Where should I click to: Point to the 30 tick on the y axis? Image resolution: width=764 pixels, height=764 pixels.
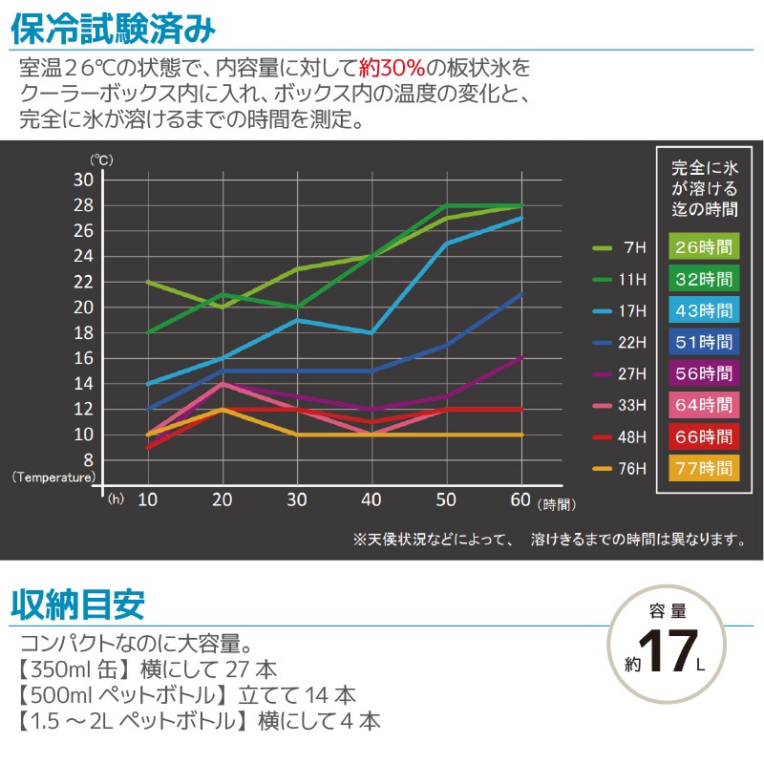point(84,180)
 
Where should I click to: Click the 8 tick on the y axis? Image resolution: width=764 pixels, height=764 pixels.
point(89,459)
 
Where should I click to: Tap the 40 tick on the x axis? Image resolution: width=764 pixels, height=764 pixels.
point(371,499)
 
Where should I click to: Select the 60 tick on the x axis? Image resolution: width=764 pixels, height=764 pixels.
point(521,499)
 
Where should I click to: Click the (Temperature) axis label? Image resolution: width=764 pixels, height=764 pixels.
point(54,476)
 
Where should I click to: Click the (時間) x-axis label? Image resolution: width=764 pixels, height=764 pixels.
point(558,502)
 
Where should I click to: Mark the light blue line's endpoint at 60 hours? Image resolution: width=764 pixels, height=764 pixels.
point(521,218)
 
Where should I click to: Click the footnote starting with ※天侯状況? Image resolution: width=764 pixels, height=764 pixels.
point(549,540)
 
